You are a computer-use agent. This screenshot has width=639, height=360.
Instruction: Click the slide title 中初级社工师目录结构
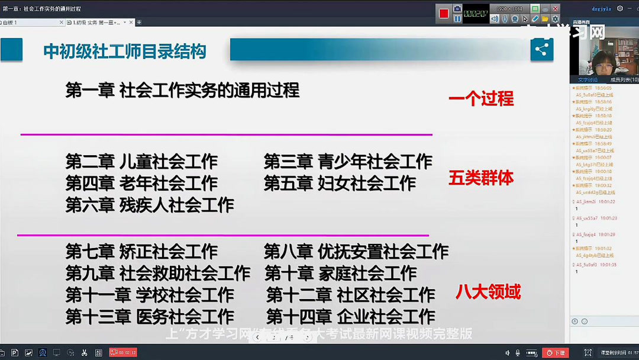coord(125,52)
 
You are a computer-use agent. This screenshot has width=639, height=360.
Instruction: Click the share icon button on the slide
coord(541,50)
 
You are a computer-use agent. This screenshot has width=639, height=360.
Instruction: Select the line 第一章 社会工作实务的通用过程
coord(182,90)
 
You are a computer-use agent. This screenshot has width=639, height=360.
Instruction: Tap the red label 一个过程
coord(481,98)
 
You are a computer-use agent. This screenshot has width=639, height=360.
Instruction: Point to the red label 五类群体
coord(481,178)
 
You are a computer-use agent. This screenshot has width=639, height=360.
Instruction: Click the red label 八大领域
coord(488,291)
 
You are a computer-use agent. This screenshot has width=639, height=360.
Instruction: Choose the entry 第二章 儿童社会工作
coord(141,161)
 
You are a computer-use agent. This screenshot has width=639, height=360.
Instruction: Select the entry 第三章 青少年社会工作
coord(348,161)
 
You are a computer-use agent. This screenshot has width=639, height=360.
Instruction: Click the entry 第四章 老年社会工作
coord(141,183)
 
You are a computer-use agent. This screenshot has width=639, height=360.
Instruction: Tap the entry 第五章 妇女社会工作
coord(340,183)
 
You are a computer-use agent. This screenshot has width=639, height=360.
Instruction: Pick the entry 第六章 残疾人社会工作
coord(150,205)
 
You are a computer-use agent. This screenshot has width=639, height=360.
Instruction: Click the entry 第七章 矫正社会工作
coord(141,251)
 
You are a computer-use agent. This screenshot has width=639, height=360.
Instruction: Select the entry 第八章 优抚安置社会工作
coord(356,251)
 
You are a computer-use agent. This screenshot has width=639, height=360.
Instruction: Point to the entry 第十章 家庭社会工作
coord(340,273)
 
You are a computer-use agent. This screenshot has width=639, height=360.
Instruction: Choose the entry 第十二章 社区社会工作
coord(350,295)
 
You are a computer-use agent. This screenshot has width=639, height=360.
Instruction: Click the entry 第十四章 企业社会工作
coord(350,317)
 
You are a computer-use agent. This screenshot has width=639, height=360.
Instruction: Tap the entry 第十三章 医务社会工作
coord(150,317)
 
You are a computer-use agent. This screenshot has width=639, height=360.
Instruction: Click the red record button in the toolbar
coord(444,14)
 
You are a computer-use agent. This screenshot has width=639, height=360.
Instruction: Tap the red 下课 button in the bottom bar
coord(556,353)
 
